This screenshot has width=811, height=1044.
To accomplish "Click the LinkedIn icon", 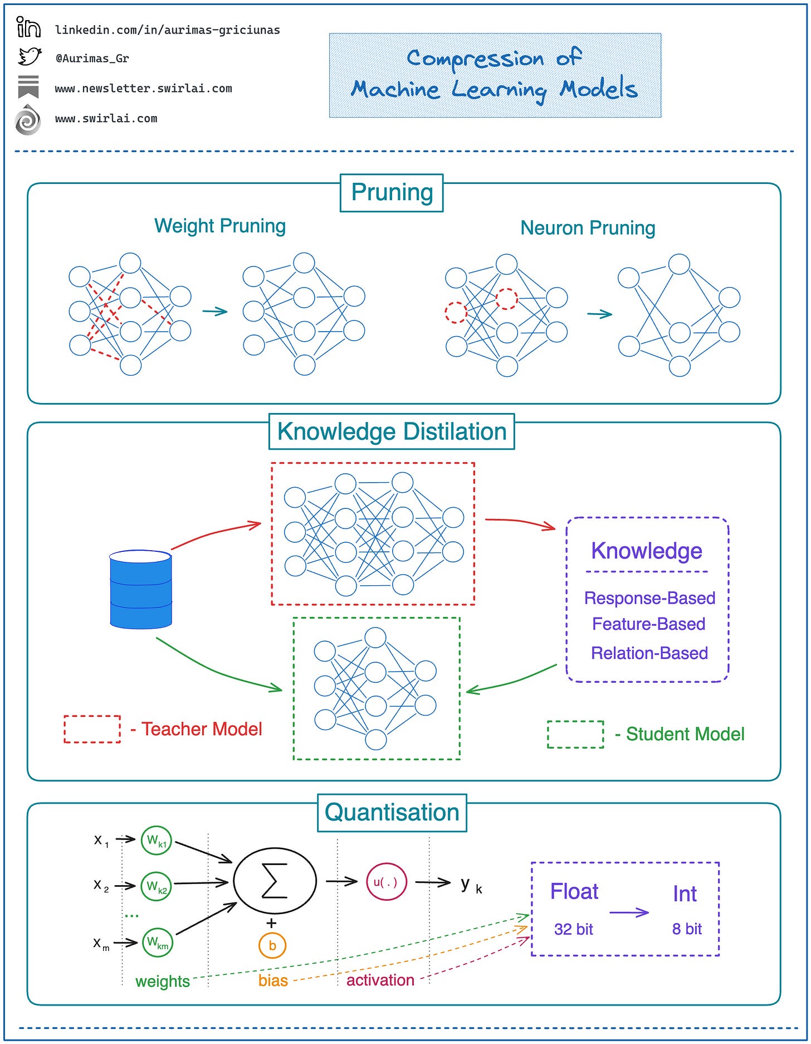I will coord(28,27).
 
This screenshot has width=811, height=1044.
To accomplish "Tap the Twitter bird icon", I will coord(30,57).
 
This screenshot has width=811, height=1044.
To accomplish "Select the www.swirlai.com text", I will coord(106,119).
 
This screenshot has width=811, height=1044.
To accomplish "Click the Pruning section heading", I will coord(392,193).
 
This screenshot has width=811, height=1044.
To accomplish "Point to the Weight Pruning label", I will coord(219,226).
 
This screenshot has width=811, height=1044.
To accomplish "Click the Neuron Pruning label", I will coord(588,228).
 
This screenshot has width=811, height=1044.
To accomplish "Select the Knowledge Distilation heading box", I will coord(392,432).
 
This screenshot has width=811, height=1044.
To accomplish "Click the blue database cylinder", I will coord(140,589).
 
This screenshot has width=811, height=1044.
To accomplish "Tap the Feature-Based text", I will coord(648,624).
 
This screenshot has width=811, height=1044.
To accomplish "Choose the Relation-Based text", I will coord(649,653).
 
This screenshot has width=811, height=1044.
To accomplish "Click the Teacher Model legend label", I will coord(201,729).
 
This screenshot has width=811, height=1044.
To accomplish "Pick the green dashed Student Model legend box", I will coord(575,734).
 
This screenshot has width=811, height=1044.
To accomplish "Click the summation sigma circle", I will coord(275,881).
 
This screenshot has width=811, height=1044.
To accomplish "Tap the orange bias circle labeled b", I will coord(272,945).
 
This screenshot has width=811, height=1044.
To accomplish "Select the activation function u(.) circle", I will coord(386,882).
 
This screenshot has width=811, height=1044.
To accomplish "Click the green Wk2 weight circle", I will coord(157,886).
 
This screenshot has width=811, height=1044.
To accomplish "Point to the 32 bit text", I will coord(573,929).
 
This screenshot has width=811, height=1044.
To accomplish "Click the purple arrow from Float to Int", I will coord(629,912).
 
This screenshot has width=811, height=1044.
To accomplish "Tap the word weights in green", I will coord(163,981).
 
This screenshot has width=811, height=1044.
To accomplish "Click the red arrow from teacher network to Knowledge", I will coord(520,522).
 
